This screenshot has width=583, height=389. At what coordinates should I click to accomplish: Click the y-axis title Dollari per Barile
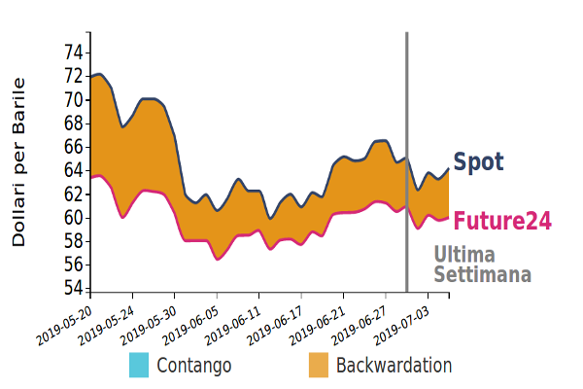click(x=19, y=160)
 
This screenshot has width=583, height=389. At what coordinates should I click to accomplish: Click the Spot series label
click(x=479, y=162)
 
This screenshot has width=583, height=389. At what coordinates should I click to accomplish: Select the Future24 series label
click(x=502, y=221)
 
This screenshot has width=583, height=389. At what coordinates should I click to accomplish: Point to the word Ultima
click(x=463, y=255)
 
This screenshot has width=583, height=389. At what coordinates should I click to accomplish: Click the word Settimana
click(x=482, y=274)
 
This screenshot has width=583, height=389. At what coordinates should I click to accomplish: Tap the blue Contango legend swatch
click(x=139, y=366)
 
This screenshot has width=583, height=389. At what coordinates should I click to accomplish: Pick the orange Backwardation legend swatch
click(x=319, y=366)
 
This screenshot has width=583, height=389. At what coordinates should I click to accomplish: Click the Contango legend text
click(x=194, y=366)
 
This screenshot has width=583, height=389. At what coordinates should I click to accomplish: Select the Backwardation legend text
click(x=394, y=366)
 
